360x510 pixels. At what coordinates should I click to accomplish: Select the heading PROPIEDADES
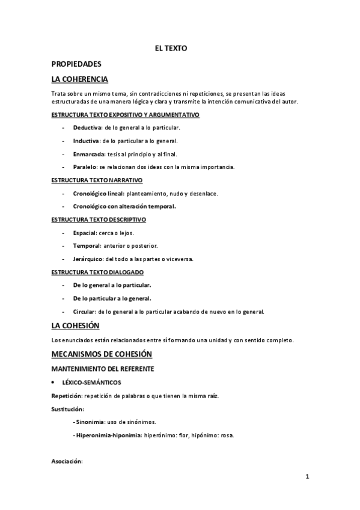point(76,64)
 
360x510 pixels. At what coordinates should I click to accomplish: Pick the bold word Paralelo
point(85,167)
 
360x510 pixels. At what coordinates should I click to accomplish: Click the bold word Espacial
point(85,233)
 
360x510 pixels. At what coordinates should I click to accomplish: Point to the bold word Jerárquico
point(88,259)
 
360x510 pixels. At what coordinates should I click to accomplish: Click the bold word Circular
point(84,312)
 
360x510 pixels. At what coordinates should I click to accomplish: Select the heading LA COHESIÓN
point(75,326)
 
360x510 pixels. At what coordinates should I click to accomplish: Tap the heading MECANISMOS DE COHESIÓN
point(102,354)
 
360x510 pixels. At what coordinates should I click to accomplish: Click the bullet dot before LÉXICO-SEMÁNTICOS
point(55,382)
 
